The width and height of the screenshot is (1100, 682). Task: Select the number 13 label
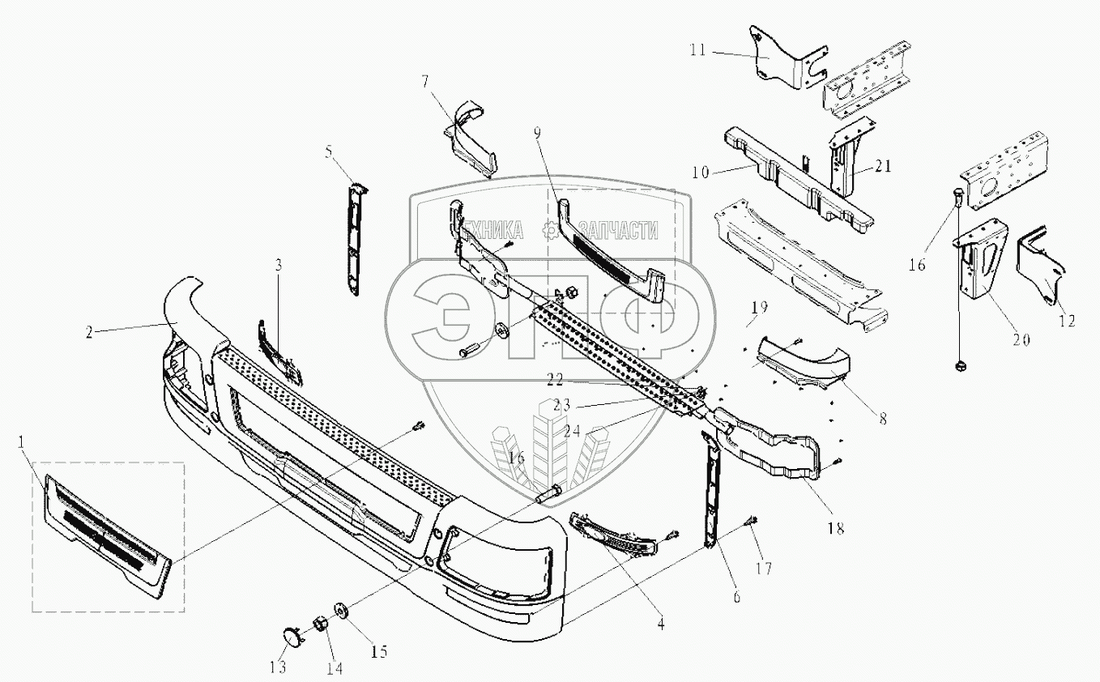pos(278,667)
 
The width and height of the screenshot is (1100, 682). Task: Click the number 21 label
pos(883,167)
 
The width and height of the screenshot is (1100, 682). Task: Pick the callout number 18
pos(835,529)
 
